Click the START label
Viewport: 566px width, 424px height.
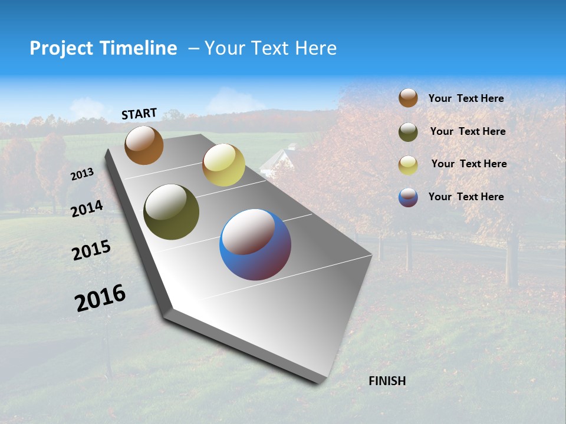pos(139,114)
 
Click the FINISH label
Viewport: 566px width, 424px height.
pos(387,381)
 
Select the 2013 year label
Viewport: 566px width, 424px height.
pos(83,174)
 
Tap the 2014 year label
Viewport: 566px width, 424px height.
pos(87,208)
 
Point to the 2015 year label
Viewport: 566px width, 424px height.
pos(91,250)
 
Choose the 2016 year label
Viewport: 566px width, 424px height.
pos(100,297)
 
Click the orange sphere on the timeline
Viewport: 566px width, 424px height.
pos(144,145)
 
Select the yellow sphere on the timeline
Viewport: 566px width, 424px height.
pos(223,165)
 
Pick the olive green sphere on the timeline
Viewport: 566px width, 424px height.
pos(171,212)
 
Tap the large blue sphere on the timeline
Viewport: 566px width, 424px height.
pos(255,244)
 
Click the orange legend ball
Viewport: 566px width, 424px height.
pos(408,98)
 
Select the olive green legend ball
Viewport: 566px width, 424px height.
pos(408,132)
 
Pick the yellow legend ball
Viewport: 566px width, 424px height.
pos(408,165)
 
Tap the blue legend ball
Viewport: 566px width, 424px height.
pos(408,197)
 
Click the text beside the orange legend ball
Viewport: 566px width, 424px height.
pos(466,99)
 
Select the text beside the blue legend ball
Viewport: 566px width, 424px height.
pos(466,197)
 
